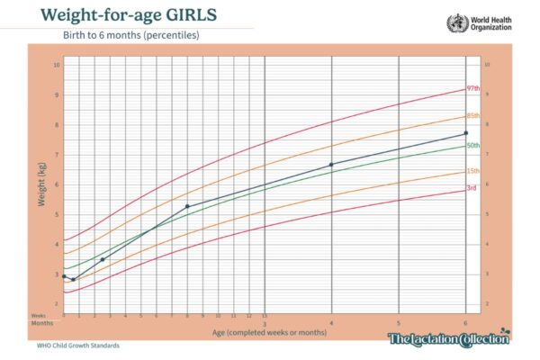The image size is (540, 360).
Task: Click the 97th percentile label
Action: (472, 88)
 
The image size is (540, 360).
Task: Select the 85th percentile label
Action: (472, 115)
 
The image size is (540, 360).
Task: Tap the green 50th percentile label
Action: (472, 145)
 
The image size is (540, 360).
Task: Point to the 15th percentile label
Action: (472, 171)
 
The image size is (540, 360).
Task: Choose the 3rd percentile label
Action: (471, 188)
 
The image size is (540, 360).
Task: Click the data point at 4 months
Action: (331, 165)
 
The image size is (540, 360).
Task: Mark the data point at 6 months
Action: (465, 133)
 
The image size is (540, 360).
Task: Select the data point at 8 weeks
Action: (187, 206)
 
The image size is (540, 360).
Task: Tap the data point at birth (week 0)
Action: (64, 276)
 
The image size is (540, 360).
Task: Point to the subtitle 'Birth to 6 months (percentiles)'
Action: (144, 36)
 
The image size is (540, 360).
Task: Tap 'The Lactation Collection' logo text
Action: (447, 338)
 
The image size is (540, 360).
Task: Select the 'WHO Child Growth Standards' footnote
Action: (77, 345)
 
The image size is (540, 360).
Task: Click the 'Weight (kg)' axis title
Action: (41, 184)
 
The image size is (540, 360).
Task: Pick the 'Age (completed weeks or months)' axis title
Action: (265, 333)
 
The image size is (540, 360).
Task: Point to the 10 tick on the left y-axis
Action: (56, 65)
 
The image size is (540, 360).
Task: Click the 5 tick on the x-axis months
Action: (399, 322)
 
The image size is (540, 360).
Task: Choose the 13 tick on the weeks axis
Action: (264, 316)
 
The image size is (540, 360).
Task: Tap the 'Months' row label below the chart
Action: (42, 322)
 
